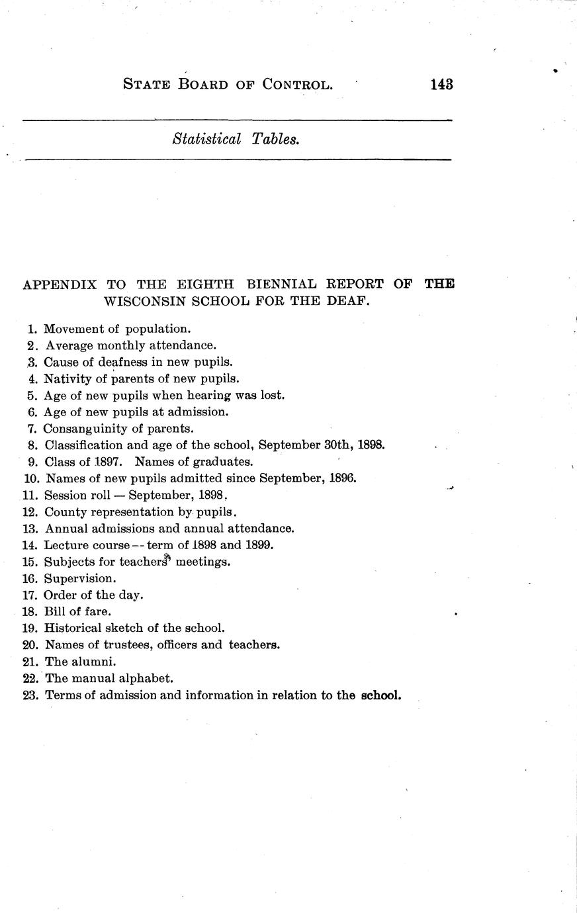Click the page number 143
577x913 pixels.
(441, 85)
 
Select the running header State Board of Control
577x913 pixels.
(228, 85)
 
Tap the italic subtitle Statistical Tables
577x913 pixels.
(236, 140)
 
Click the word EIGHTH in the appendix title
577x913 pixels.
(206, 284)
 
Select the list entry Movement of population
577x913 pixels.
(117, 329)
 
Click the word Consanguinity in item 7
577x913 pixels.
(84, 429)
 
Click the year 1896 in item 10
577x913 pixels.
(342, 478)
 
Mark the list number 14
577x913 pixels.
(29, 545)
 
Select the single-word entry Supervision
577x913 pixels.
(80, 578)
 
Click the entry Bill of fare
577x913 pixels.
(77, 611)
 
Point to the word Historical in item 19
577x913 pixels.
(73, 629)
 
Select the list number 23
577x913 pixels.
(30, 695)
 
